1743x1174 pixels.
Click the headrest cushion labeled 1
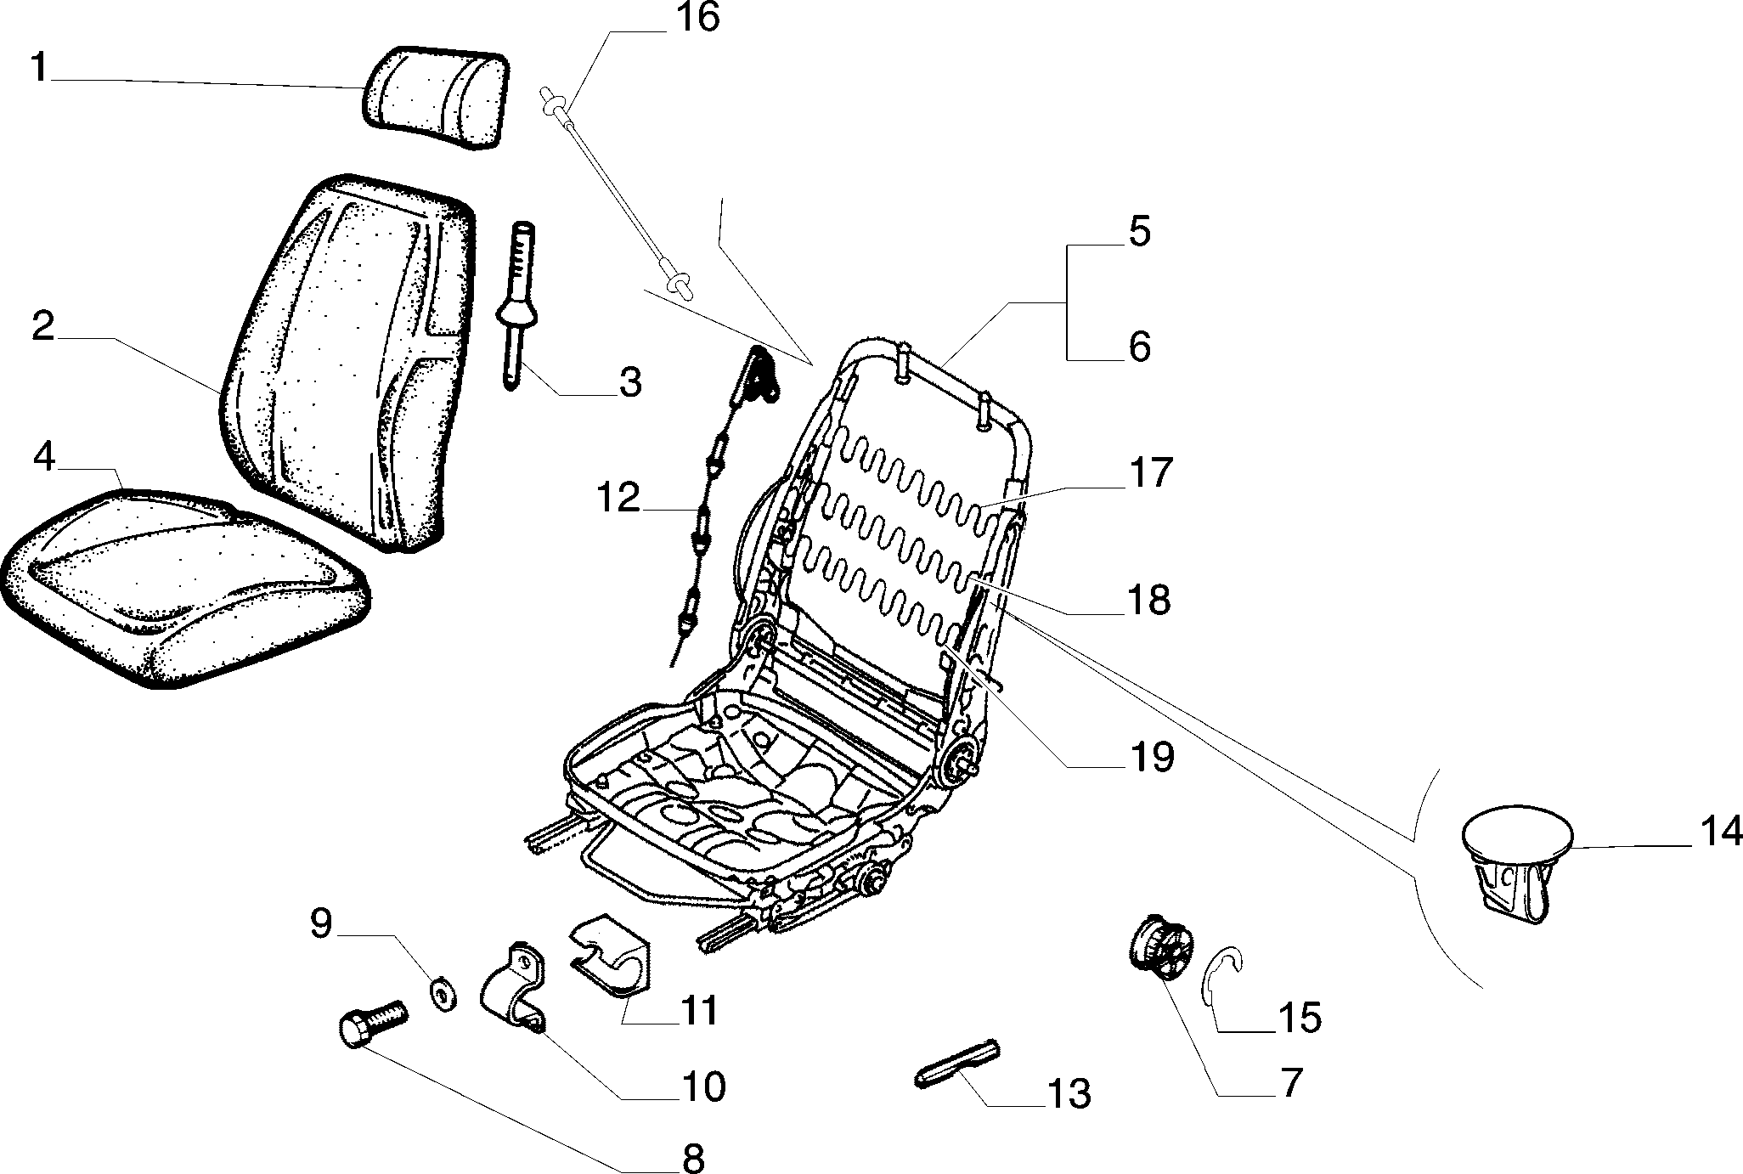pyautogui.click(x=436, y=100)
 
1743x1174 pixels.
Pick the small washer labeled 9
pyautogui.click(x=443, y=994)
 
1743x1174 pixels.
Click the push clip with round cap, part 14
pyautogui.click(x=1516, y=863)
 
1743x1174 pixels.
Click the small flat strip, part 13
pyautogui.click(x=958, y=1061)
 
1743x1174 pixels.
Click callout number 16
pyautogui.click(x=697, y=18)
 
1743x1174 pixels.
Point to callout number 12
pyautogui.click(x=618, y=498)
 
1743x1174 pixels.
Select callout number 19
pyautogui.click(x=1150, y=757)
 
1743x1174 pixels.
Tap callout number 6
pyautogui.click(x=1139, y=347)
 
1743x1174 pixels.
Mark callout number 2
pyautogui.click(x=43, y=327)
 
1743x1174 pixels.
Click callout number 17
pyautogui.click(x=1150, y=473)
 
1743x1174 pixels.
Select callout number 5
pyautogui.click(x=1139, y=233)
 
